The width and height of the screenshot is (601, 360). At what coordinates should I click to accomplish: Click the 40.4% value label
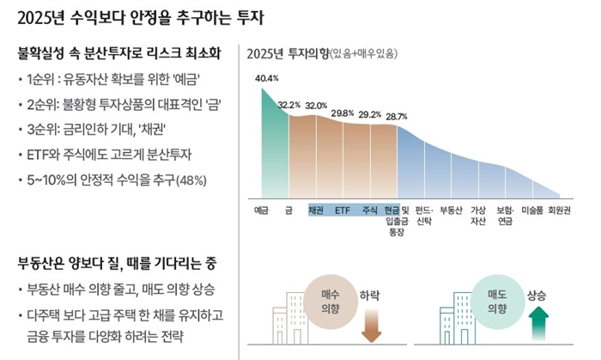click(267, 79)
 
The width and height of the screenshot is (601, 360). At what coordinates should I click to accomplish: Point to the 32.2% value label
click(289, 105)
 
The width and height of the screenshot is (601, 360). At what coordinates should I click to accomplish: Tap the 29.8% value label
click(343, 113)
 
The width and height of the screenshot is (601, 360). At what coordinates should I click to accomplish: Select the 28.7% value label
click(397, 116)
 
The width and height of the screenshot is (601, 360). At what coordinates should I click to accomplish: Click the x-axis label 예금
click(262, 210)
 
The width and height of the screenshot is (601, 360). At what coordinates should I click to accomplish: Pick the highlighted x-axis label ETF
click(343, 210)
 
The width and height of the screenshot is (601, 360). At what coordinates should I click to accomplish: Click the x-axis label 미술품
click(532, 210)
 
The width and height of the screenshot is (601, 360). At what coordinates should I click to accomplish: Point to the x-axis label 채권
click(315, 210)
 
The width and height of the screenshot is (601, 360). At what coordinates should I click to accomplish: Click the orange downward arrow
click(370, 325)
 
